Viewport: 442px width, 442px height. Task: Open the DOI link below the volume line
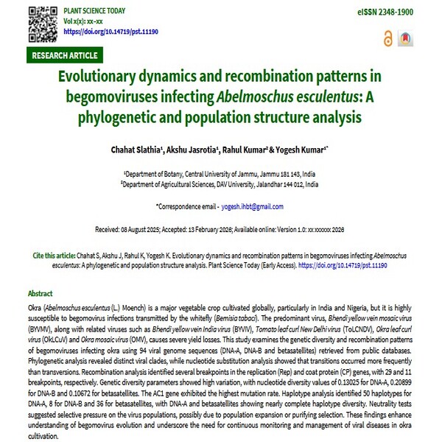[x=111, y=32]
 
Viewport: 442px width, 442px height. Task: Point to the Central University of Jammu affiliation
[x=221, y=174]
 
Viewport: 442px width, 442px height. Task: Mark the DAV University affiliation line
[x=221, y=184]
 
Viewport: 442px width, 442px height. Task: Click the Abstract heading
[x=40, y=292]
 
